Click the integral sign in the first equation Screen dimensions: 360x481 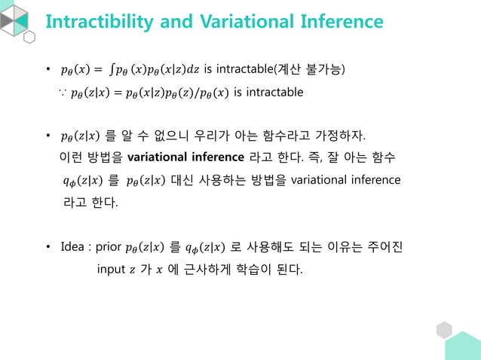112,71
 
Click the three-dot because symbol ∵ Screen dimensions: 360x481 62,93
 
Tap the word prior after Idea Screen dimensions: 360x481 108,247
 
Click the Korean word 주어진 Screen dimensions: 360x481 385,247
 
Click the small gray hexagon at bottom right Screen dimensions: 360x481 444,330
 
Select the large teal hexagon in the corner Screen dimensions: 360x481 464,348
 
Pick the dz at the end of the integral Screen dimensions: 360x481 195,71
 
